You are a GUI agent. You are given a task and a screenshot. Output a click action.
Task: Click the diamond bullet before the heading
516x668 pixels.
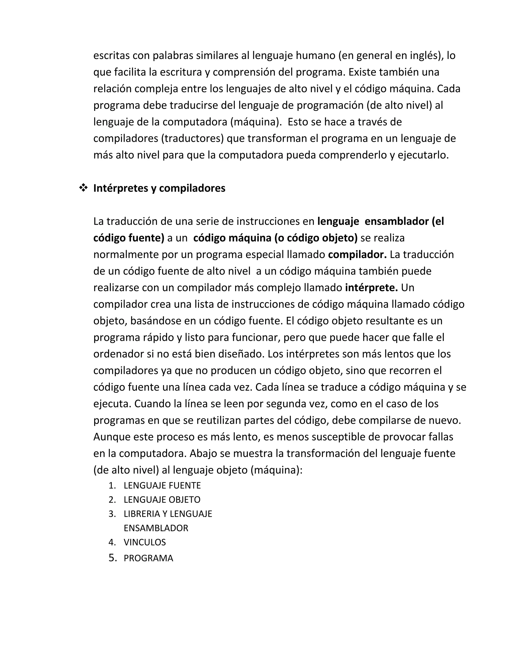[83, 188]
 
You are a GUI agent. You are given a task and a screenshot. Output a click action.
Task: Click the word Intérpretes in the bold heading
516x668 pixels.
[120, 188]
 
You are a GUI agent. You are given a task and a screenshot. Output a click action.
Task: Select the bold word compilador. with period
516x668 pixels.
[357, 255]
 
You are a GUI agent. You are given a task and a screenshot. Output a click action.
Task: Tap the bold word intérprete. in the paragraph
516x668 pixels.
[371, 288]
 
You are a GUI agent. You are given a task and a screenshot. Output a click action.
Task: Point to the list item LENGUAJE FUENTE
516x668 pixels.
[162, 485]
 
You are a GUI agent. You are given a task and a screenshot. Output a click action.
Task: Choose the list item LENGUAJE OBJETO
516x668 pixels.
[162, 499]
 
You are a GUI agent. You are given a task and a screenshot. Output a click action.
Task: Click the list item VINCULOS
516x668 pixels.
[145, 542]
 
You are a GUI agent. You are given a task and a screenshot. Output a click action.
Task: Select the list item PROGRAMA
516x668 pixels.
[148, 558]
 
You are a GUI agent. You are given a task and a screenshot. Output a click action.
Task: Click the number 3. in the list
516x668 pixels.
[112, 513]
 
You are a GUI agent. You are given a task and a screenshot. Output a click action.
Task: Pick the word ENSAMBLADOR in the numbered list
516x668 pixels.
[156, 528]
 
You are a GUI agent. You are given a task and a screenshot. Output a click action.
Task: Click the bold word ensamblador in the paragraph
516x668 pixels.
[397, 221]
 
